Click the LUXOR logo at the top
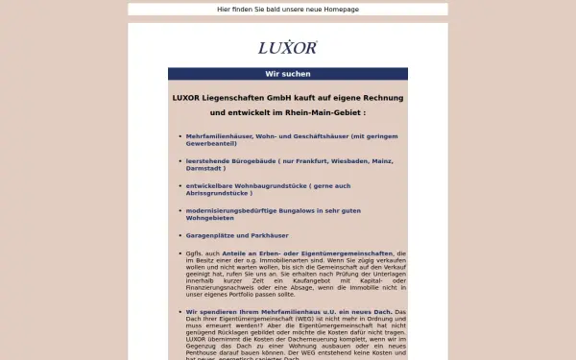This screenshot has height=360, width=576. [287, 47]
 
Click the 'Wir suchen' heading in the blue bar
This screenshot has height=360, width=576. [287, 74]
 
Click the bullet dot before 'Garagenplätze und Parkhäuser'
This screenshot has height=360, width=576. [180, 235]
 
